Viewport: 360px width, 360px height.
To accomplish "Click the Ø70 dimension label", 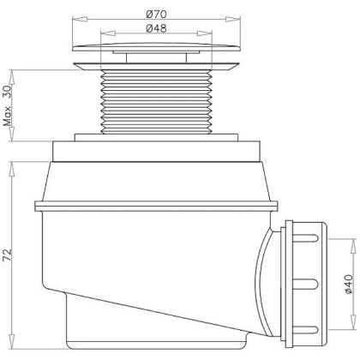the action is (x=156, y=14).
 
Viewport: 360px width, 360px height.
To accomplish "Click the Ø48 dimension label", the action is (x=156, y=28).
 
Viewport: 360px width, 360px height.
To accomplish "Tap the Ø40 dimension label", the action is (x=349, y=284).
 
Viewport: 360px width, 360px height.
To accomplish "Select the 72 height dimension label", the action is (x=7, y=255).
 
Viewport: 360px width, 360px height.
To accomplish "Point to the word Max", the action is (x=7, y=117).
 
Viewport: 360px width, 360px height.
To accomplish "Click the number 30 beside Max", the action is (x=7, y=92).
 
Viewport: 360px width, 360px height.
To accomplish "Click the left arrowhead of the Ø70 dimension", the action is (x=80, y=19).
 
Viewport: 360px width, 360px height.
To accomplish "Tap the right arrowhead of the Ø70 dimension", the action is (x=233, y=19).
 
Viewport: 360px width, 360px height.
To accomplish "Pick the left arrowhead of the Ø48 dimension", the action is (x=108, y=33).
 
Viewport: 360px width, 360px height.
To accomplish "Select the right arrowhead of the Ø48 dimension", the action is (x=205, y=33).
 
